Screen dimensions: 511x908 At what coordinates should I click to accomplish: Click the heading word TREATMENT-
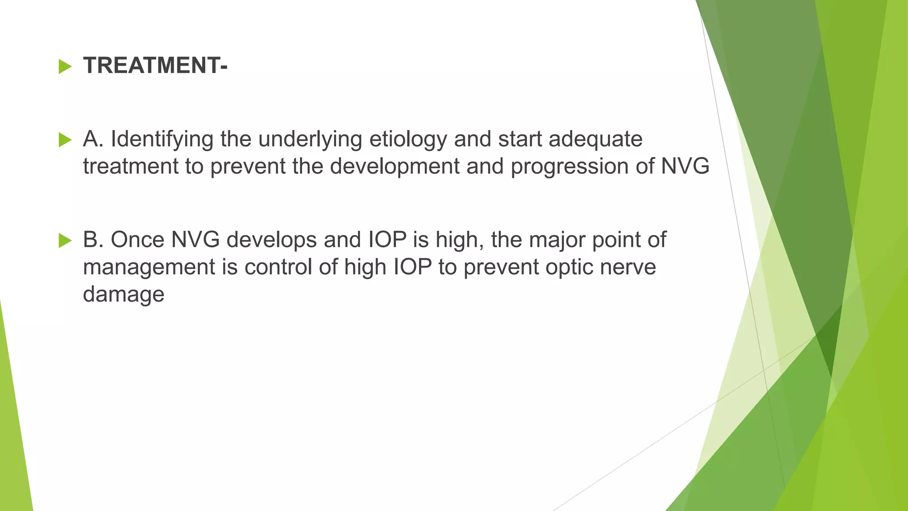point(155,66)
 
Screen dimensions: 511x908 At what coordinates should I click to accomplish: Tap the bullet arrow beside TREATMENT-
point(65,67)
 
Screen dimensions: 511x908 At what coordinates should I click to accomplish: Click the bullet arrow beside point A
point(65,140)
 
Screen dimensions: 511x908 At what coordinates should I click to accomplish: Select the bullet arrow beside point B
point(65,241)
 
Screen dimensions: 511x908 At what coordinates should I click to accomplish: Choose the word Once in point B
point(137,240)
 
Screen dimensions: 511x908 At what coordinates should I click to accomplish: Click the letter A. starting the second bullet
point(93,139)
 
